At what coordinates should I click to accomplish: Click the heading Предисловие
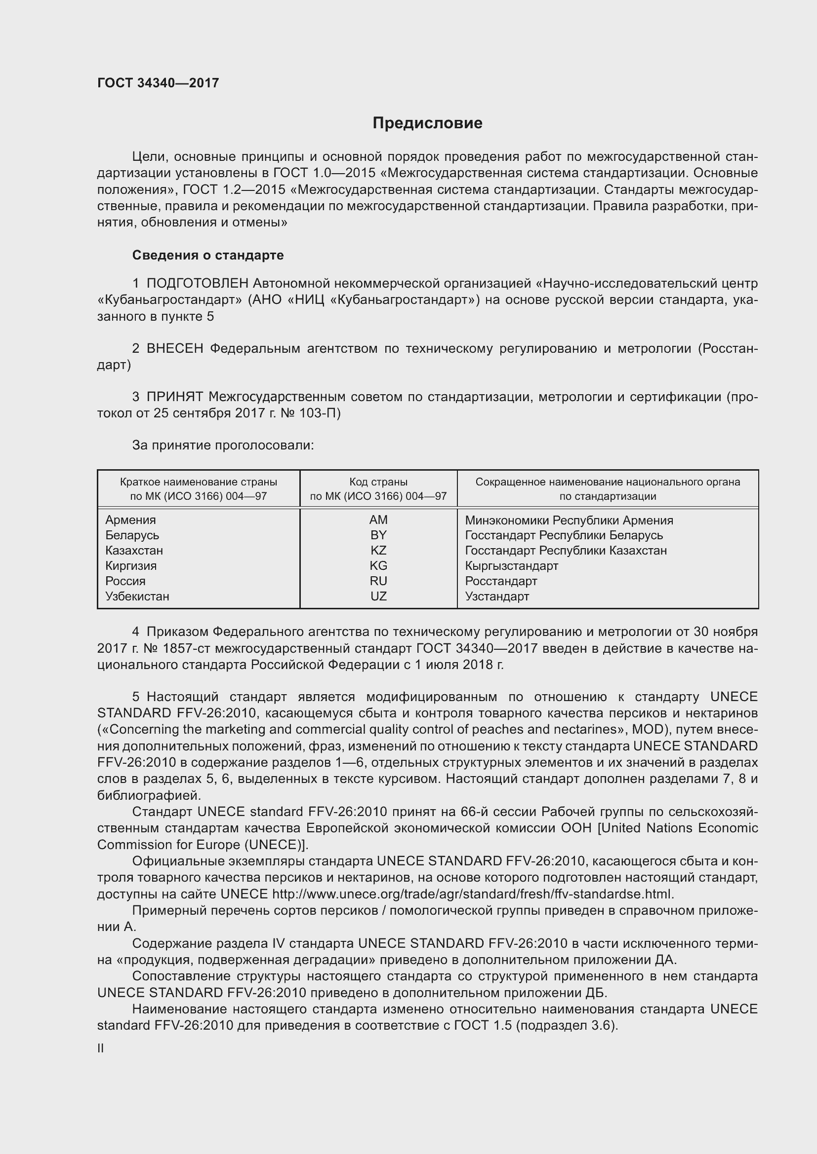click(427, 123)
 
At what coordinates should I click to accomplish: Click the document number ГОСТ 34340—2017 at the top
click(158, 83)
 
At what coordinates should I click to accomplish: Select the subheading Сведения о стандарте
click(208, 256)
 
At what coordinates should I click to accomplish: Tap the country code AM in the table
click(378, 520)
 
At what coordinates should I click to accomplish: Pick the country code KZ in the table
click(378, 551)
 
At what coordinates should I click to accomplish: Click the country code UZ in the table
click(378, 596)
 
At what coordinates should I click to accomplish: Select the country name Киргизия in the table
click(131, 565)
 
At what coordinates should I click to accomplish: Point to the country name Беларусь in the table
click(132, 535)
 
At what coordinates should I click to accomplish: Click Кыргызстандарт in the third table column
click(511, 565)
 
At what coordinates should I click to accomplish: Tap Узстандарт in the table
click(496, 596)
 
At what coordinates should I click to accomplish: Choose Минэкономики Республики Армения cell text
click(569, 520)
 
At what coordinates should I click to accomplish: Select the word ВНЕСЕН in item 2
click(174, 348)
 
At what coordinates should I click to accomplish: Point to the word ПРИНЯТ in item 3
click(174, 397)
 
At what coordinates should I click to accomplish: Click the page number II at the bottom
click(101, 1048)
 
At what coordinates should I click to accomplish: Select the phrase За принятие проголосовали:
click(223, 446)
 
